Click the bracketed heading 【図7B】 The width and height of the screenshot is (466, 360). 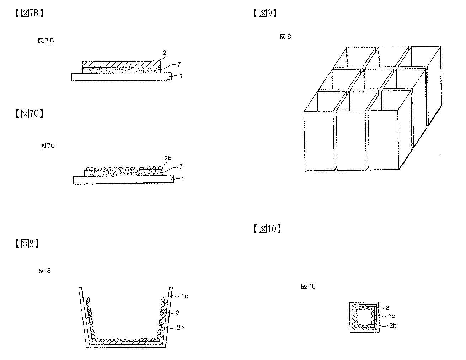pos(30,13)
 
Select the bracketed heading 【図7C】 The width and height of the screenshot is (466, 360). pos(30,113)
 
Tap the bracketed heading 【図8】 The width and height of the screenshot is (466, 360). pos(27,244)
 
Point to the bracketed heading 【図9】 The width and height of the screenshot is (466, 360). pos(265,13)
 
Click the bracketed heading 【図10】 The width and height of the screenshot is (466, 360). pos(267,229)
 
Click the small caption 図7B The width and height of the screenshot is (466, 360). pos(46,41)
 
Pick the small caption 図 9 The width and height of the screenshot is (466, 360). pos(285,37)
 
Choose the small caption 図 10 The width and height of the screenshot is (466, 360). pos(308,286)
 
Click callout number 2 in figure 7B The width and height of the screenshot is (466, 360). pos(165,53)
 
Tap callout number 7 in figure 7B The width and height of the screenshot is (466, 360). pos(179,64)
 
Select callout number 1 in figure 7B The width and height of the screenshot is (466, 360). pos(181,76)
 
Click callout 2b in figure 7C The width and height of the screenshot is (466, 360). pos(168,158)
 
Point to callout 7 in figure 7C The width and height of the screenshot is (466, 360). pos(181,166)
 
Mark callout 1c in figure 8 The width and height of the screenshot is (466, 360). pos(184,296)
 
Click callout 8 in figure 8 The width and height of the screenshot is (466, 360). pos(178,313)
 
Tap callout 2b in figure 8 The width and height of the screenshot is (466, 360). pos(180,328)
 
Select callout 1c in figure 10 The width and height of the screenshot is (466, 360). pos(392,316)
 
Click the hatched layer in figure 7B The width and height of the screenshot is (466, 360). pos(121,64)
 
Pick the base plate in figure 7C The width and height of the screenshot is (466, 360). pos(123,180)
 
